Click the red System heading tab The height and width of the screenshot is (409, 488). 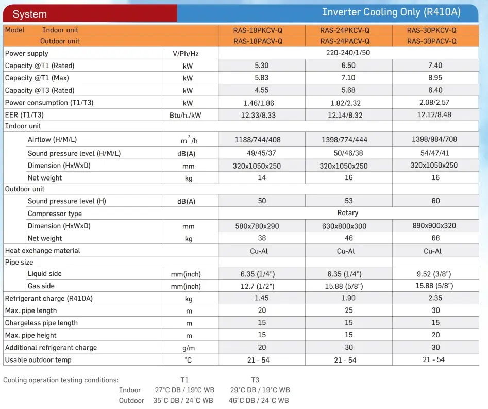click(30, 14)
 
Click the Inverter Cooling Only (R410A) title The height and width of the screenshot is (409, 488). click(391, 12)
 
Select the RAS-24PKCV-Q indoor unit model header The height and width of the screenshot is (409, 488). click(345, 30)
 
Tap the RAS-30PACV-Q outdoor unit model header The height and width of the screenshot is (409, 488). click(432, 41)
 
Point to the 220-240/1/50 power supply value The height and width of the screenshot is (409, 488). click(348, 53)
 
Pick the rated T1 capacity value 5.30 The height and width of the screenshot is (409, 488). click(262, 66)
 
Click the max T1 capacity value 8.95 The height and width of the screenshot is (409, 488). click(435, 78)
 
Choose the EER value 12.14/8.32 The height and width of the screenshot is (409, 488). click(348, 115)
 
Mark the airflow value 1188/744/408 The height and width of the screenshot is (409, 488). click(262, 139)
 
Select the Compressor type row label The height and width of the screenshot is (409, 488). click(55, 214)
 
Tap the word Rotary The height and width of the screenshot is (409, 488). click(348, 212)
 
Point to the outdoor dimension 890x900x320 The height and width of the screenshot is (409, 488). click(434, 226)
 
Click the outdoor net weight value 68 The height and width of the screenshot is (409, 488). click(435, 238)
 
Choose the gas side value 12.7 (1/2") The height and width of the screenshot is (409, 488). click(258, 286)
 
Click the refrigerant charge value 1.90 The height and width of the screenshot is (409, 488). click(348, 298)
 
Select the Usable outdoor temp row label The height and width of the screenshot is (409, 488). click(38, 360)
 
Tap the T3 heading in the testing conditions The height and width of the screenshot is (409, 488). click(255, 380)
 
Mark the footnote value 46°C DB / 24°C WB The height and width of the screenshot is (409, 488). click(260, 401)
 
